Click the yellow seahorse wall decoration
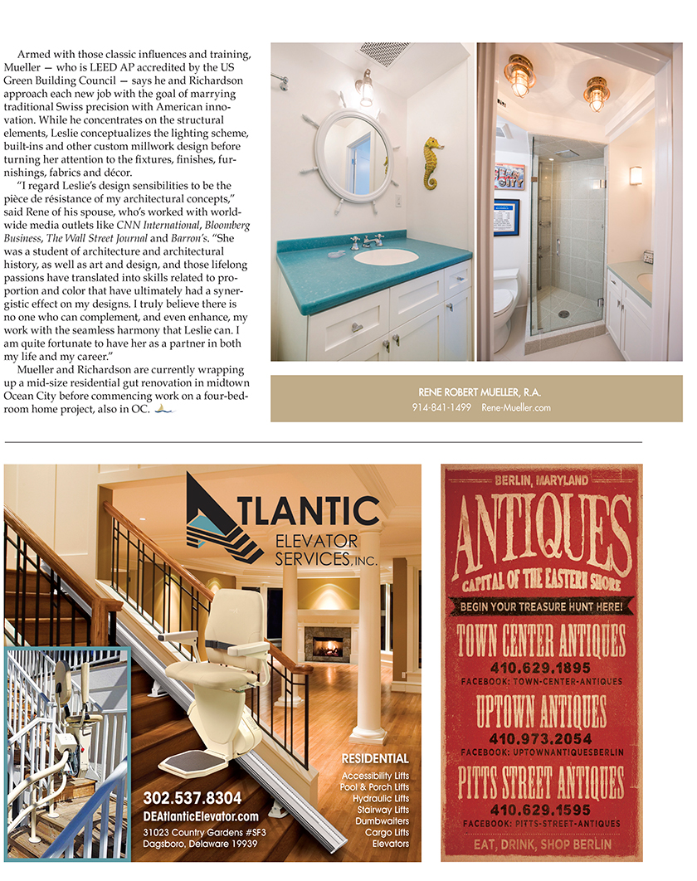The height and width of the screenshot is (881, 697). pos(431,163)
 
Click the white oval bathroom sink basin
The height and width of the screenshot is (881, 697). pos(386,256)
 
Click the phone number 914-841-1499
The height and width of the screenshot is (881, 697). pos(441,407)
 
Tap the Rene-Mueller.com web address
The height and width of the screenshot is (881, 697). pos(515,407)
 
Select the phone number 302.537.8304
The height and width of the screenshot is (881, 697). pos(193,798)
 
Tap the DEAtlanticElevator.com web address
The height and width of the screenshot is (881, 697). pos(201,816)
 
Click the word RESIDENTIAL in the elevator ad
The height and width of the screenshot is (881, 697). pos(375,758)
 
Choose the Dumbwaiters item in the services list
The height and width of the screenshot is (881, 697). pos(383,821)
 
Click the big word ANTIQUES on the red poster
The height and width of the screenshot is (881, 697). pos(542,528)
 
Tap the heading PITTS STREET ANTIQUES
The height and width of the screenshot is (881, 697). pos(541,782)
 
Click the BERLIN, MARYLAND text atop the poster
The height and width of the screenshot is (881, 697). pos(541,480)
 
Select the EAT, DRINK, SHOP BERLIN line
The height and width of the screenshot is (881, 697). pos(541,844)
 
